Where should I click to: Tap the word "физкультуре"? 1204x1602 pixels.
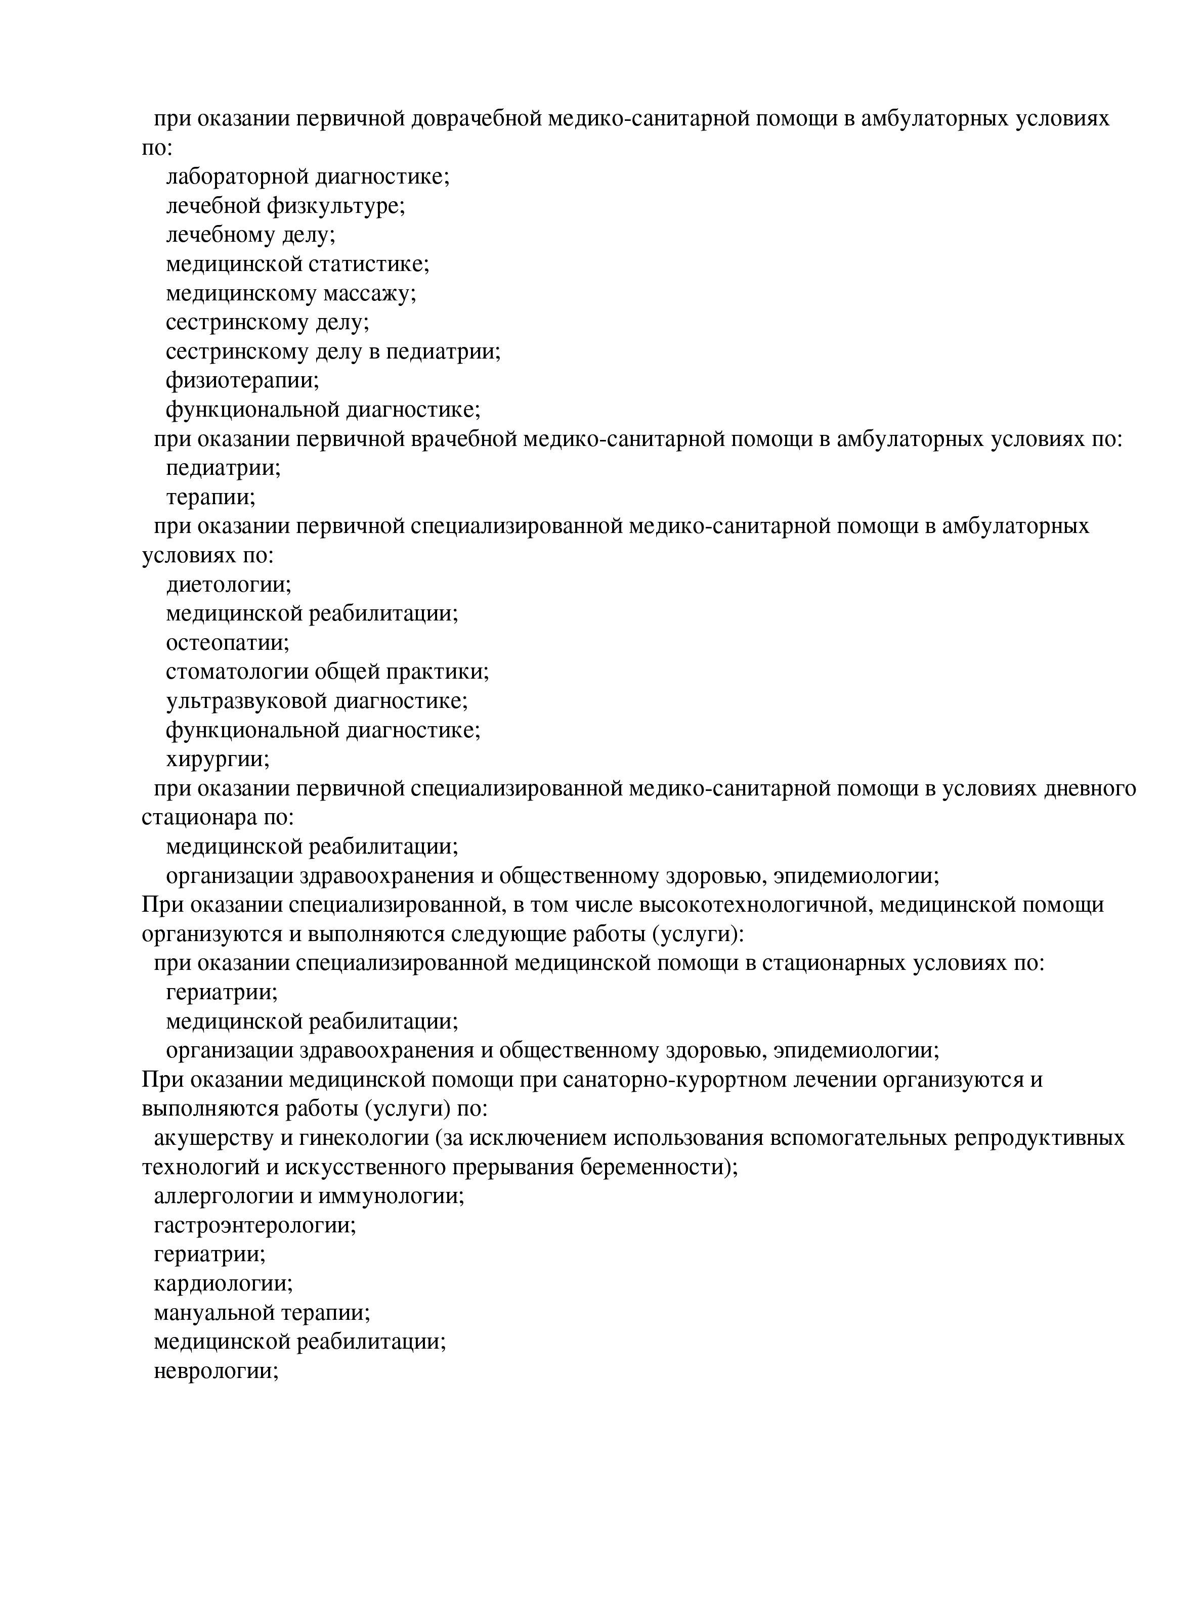(335, 206)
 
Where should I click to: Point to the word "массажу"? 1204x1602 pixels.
(369, 293)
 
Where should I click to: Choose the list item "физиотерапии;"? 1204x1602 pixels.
(242, 380)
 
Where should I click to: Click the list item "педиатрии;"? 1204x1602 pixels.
(223, 468)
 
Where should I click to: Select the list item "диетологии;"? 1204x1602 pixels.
(228, 585)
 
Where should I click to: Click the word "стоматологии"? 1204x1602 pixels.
(238, 672)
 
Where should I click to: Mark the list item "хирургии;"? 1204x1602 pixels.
(218, 759)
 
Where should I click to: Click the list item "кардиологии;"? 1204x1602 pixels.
(223, 1284)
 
